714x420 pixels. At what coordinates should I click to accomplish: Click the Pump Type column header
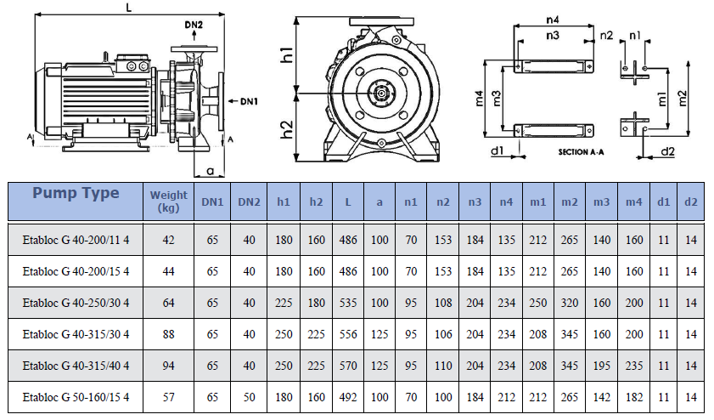(76, 193)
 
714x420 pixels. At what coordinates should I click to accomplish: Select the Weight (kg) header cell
(168, 201)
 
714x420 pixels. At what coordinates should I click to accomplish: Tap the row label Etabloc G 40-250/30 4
(76, 303)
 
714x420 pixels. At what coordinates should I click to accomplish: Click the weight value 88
(168, 334)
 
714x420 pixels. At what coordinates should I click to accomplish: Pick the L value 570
(348, 366)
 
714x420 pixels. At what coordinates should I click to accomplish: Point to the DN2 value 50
(249, 397)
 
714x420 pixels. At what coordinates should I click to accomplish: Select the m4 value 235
(634, 366)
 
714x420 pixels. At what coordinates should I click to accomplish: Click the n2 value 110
(443, 366)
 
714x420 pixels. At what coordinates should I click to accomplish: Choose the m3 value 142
(602, 397)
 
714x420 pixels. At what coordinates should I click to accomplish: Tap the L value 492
(348, 397)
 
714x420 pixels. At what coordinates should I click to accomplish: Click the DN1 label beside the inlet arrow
(249, 101)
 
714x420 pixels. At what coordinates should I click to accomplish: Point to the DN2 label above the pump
(194, 25)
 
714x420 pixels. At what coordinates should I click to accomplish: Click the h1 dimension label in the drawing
(287, 54)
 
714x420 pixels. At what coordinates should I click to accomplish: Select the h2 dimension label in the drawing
(287, 129)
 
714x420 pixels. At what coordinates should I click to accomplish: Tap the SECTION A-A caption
(581, 152)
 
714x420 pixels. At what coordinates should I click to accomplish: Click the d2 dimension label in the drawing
(667, 151)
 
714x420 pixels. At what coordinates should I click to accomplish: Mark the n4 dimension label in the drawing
(553, 20)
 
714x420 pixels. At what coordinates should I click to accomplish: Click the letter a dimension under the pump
(210, 171)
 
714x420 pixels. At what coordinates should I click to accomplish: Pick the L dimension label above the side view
(129, 8)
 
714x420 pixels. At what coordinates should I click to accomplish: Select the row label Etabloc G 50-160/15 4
(76, 397)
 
